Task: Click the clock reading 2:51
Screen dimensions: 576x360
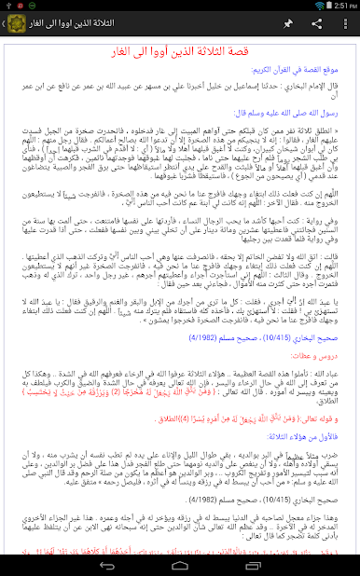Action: tap(344, 6)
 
